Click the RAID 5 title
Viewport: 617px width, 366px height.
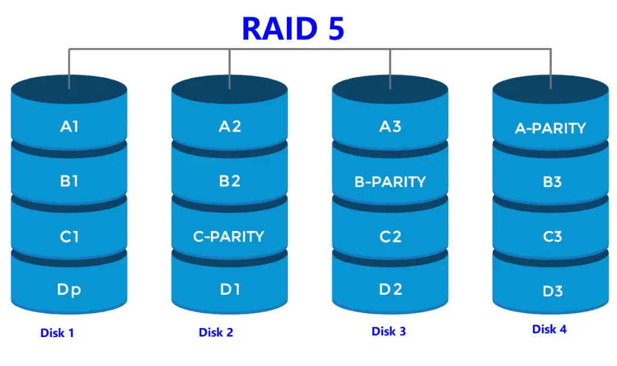click(293, 29)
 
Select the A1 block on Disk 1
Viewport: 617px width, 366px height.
click(69, 126)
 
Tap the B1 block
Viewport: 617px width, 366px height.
click(69, 180)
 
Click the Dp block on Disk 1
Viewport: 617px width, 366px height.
click(69, 289)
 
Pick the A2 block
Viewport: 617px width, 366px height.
click(230, 126)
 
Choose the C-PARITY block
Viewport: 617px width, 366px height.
click(229, 236)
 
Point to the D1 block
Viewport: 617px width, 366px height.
click(230, 289)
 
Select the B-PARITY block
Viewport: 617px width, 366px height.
click(390, 181)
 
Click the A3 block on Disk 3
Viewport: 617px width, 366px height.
click(390, 126)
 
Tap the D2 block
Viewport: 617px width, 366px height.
click(390, 289)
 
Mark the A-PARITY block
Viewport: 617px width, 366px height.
click(550, 128)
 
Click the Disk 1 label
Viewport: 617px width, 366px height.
click(57, 332)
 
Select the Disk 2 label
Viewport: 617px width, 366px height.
click(216, 332)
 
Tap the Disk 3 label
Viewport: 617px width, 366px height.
click(389, 331)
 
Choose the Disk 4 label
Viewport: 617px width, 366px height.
click(550, 329)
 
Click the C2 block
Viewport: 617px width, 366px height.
click(390, 236)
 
